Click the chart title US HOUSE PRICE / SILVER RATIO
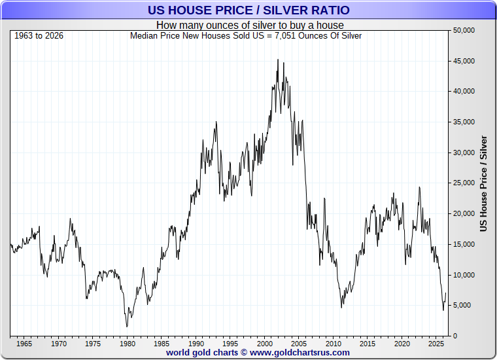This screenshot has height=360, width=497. pos(248,10)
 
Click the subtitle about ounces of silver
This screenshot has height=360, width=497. pos(250,25)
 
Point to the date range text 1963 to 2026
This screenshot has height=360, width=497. pos(39,35)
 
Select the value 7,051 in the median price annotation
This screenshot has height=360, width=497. pos(285,36)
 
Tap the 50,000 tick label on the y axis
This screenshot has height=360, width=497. pos(464,31)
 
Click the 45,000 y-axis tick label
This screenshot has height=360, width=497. pos(464,61)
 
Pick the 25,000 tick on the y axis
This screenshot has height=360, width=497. pos(464,183)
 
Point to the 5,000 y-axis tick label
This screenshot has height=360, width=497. pos(466,305)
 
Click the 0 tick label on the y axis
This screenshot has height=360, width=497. pos(455,336)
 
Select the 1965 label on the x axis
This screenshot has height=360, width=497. pos(24,344)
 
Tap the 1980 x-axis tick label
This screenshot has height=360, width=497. pos(127,344)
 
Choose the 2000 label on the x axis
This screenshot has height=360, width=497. pos(265,344)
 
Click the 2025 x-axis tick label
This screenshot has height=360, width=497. pos(436,344)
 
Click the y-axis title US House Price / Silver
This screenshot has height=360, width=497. pos(483,184)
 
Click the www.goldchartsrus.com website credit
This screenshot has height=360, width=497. pos(300,353)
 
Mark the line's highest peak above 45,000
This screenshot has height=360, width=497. pos(278,60)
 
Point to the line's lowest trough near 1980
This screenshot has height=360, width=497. pos(127,327)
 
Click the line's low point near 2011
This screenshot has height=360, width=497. pos(341,308)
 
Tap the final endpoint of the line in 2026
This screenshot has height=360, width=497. pos(445,293)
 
